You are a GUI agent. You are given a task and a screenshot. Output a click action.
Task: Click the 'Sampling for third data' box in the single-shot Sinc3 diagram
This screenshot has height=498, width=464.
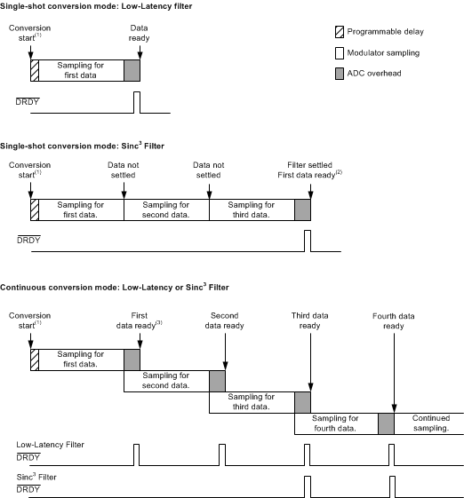point(251,209)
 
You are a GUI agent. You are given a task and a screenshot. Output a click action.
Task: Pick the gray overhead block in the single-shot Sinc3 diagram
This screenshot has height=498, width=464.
point(302,209)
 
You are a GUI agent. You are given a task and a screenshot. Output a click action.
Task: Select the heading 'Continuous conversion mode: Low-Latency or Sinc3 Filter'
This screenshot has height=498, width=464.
point(115,288)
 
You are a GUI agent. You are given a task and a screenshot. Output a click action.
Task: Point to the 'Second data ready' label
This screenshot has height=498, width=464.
point(226,320)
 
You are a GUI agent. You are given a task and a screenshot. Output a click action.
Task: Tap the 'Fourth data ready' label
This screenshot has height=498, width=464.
point(393,320)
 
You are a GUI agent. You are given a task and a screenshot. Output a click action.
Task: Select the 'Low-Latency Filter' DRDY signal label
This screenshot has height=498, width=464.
point(50,444)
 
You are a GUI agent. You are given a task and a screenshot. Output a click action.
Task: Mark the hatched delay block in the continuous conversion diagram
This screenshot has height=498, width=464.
point(34,359)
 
